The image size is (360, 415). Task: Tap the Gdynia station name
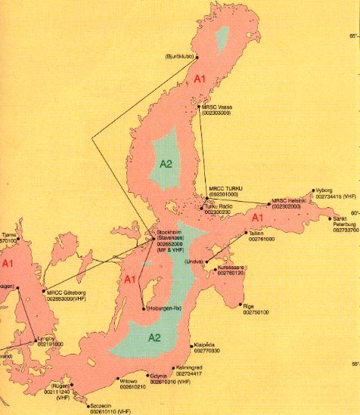(158, 376)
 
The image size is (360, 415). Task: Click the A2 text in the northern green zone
(167, 163)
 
